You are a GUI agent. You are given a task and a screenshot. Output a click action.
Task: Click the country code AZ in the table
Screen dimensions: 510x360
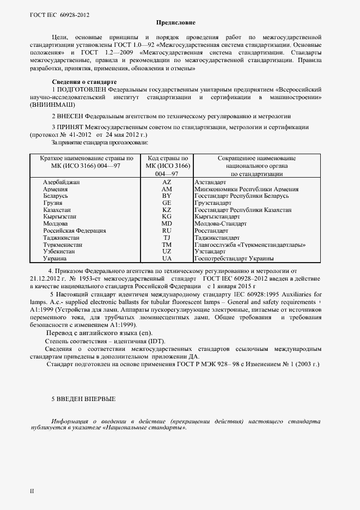pos(167,181)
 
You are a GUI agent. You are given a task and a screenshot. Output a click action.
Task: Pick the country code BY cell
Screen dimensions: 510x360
pos(167,196)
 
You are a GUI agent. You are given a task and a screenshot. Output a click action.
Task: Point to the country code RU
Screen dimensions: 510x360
pos(167,231)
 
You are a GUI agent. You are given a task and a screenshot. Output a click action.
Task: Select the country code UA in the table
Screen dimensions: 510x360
pos(167,259)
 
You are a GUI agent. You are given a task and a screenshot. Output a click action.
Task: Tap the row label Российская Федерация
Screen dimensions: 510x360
pos(74,231)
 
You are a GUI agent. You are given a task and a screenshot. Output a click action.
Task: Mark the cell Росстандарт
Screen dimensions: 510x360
pos(212,231)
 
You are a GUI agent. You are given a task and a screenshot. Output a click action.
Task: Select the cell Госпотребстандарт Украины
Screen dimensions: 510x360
pos(234,259)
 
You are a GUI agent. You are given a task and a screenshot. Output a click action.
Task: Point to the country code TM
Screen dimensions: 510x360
pos(167,245)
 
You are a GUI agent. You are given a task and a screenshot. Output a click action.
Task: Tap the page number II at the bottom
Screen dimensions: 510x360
pos(32,491)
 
